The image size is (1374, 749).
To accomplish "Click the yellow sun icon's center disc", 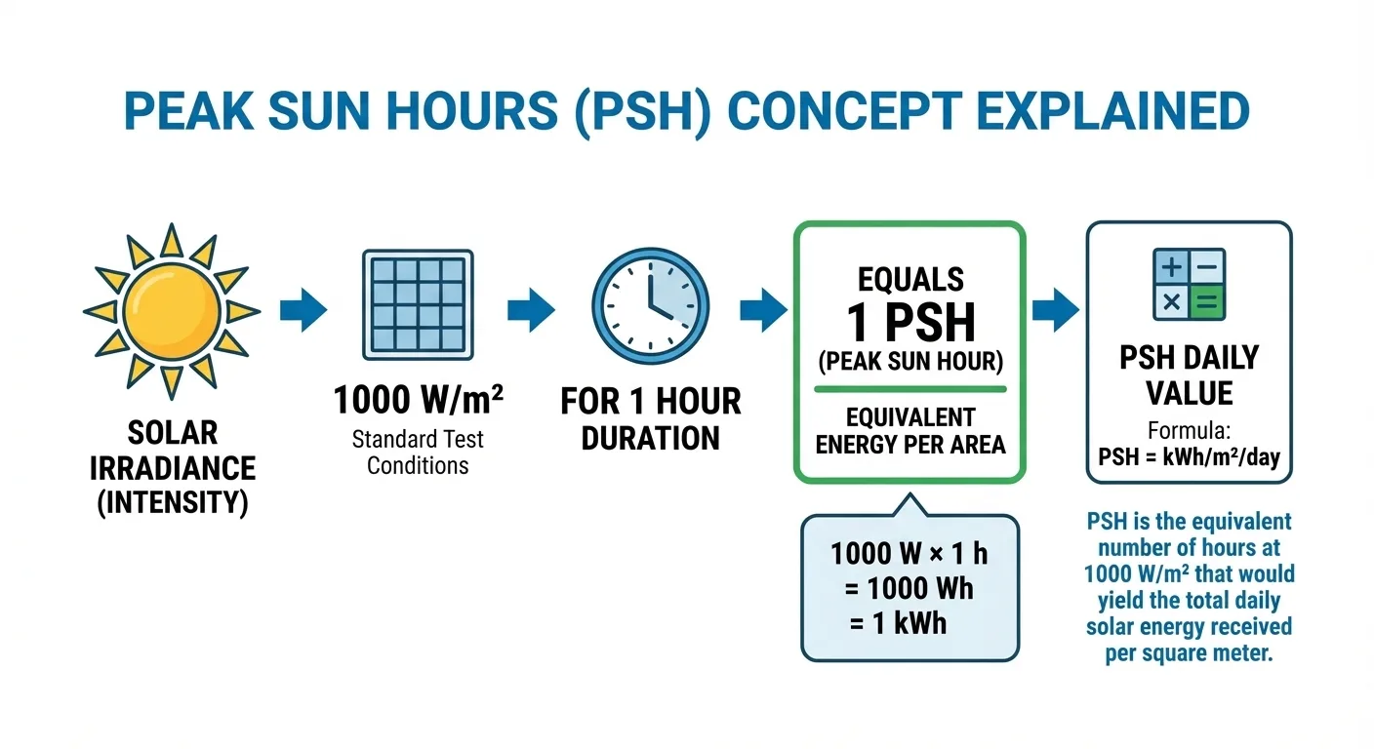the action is pyautogui.click(x=172, y=312).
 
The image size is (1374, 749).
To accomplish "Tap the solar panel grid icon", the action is pyautogui.click(x=418, y=304).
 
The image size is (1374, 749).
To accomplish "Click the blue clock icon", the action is pyautogui.click(x=650, y=306).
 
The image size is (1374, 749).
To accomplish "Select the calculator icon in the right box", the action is pyautogui.click(x=1189, y=284).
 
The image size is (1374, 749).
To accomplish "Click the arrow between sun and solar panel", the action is pyautogui.click(x=303, y=309).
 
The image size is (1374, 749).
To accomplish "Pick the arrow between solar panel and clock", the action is pyautogui.click(x=531, y=309).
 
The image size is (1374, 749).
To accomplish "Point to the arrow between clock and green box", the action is pyautogui.click(x=764, y=309).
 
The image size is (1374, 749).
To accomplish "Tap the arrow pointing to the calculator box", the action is pyautogui.click(x=1056, y=309).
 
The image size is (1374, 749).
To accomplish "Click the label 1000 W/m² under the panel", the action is pyautogui.click(x=419, y=400).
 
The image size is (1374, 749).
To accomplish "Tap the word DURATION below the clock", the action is pyautogui.click(x=650, y=438).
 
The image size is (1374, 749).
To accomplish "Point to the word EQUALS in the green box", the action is pyautogui.click(x=910, y=280).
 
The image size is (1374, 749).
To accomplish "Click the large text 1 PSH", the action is pyautogui.click(x=910, y=323).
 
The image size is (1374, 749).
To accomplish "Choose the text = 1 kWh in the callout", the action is pyautogui.click(x=898, y=623).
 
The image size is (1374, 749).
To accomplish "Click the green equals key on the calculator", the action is pyautogui.click(x=1207, y=302).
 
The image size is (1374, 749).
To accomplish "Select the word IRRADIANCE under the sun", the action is pyautogui.click(x=173, y=468).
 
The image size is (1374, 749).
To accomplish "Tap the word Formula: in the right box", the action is pyautogui.click(x=1189, y=431).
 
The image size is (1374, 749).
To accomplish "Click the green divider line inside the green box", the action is pyautogui.click(x=910, y=389).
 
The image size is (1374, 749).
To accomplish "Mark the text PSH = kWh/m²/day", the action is pyautogui.click(x=1189, y=457).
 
